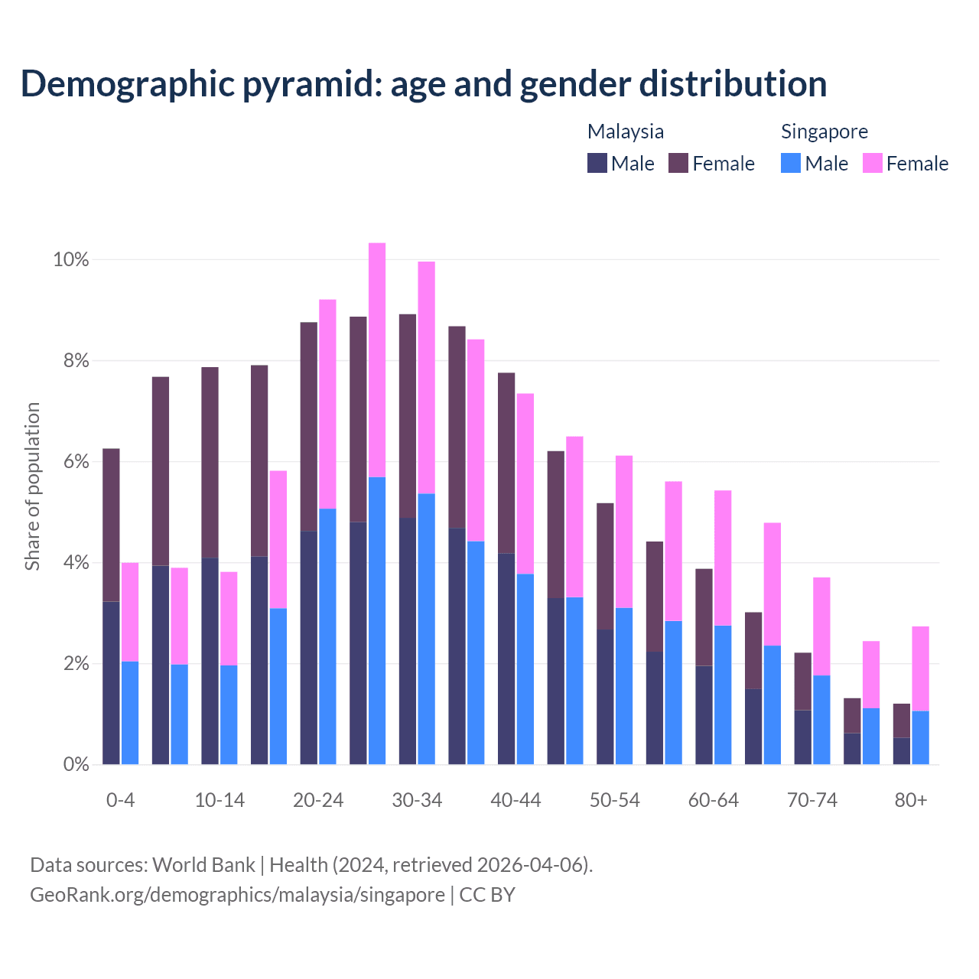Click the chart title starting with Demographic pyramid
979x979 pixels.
point(424,84)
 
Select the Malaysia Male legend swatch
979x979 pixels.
point(597,163)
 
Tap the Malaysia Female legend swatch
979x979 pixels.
point(678,163)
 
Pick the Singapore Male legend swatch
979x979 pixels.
point(791,163)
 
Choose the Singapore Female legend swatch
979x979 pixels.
point(873,163)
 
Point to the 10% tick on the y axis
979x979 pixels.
point(71,260)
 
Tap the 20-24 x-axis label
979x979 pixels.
point(318,800)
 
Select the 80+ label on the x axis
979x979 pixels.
point(911,800)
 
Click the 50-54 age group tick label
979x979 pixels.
point(614,800)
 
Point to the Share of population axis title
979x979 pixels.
point(32,486)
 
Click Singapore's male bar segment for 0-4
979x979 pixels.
point(130,713)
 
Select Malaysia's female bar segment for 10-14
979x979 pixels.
point(210,463)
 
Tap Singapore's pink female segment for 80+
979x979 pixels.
point(920,668)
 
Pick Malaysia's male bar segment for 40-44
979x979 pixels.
point(506,659)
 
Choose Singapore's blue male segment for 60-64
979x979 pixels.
point(723,694)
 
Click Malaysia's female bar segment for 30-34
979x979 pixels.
point(407,416)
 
